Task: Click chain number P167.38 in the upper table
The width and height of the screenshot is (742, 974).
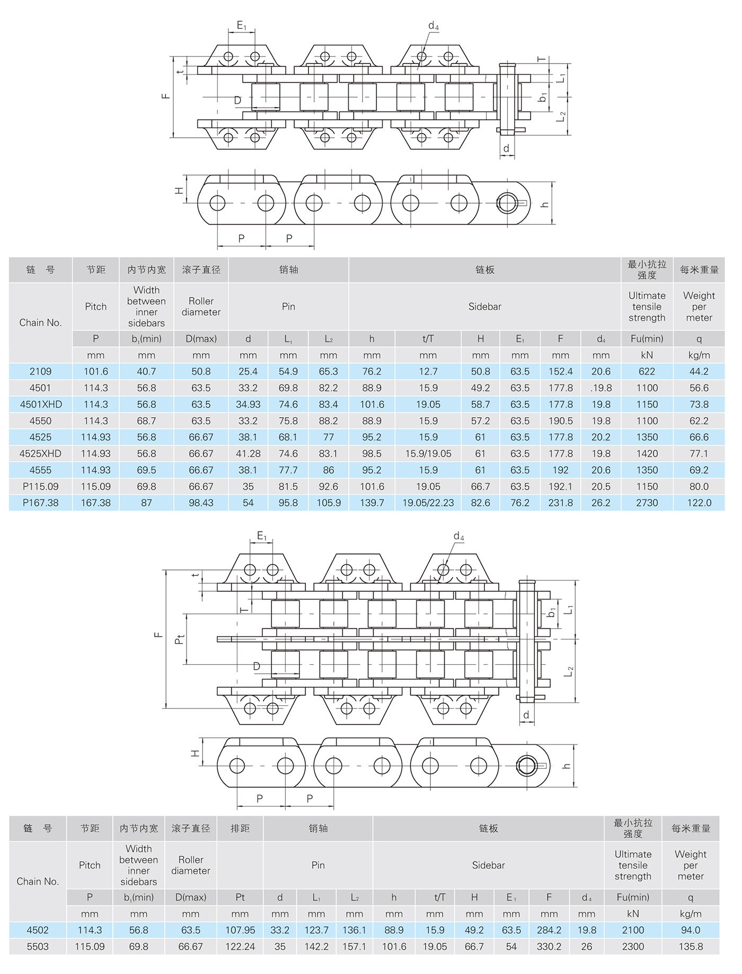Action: (40, 503)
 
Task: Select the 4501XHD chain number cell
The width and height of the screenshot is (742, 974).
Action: (41, 405)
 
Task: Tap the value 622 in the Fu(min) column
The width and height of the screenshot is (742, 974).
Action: (647, 372)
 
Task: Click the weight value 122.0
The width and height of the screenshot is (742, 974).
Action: (699, 503)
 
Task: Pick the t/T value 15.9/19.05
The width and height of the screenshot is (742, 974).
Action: (428, 454)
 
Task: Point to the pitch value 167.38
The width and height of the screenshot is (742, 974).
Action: (95, 503)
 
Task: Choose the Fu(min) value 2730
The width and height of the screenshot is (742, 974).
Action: (647, 503)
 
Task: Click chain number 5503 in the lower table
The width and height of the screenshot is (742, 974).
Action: (38, 946)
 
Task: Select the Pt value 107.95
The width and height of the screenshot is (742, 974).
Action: (240, 930)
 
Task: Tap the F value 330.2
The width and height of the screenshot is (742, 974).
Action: (549, 946)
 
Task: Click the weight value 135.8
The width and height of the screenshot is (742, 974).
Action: (690, 946)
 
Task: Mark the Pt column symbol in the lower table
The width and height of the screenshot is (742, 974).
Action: (240, 897)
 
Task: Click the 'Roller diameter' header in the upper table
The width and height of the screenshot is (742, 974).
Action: (201, 306)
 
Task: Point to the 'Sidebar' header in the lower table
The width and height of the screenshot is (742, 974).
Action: (488, 865)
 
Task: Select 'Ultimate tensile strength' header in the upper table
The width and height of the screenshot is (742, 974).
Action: (647, 306)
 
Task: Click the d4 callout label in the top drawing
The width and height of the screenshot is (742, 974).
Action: (433, 26)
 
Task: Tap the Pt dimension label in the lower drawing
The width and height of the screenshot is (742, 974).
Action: (180, 639)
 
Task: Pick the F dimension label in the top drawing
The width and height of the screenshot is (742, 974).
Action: (166, 96)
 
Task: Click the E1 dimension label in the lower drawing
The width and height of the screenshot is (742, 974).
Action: (262, 537)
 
